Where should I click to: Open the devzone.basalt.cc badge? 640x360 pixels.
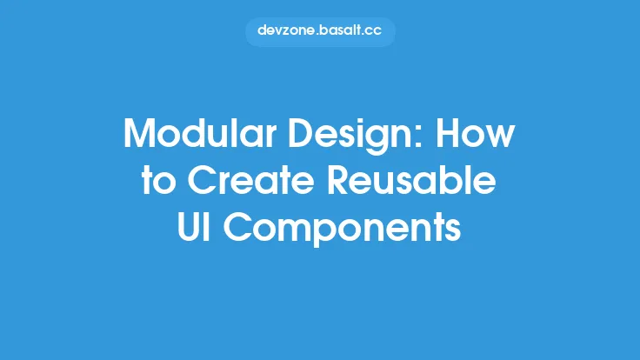(x=320, y=31)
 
